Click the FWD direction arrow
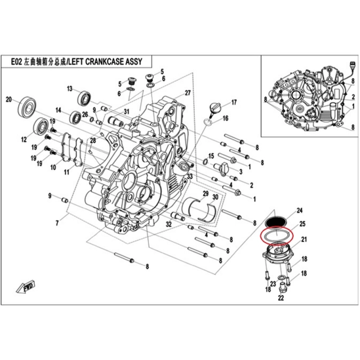[26, 287]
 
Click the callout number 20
[9, 100]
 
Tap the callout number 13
[70, 89]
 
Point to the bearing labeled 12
[41, 127]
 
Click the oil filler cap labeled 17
[214, 109]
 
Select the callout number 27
[188, 92]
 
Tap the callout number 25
[302, 224]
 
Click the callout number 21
[304, 239]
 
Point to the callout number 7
[57, 223]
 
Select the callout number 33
[190, 176]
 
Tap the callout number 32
[169, 224]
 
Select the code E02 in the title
[16, 62]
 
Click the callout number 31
[127, 111]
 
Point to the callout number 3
[241, 172]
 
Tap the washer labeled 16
[209, 122]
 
